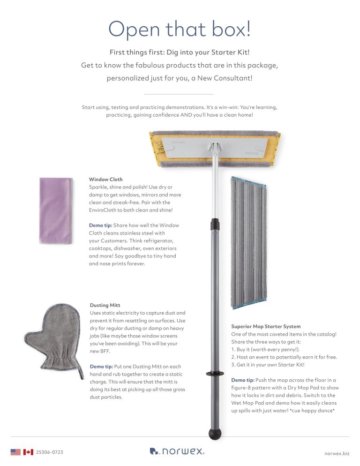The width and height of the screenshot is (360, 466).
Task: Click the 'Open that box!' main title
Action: (180, 30)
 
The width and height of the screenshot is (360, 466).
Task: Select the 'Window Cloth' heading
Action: (106, 180)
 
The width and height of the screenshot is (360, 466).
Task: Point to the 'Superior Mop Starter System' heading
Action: (266, 326)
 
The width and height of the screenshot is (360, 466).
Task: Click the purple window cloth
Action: (56, 211)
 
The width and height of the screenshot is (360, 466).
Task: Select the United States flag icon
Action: (15, 452)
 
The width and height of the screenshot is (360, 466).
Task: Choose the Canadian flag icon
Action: (28, 452)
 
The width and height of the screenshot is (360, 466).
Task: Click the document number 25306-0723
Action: (50, 452)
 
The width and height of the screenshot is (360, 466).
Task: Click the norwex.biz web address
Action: (337, 453)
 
